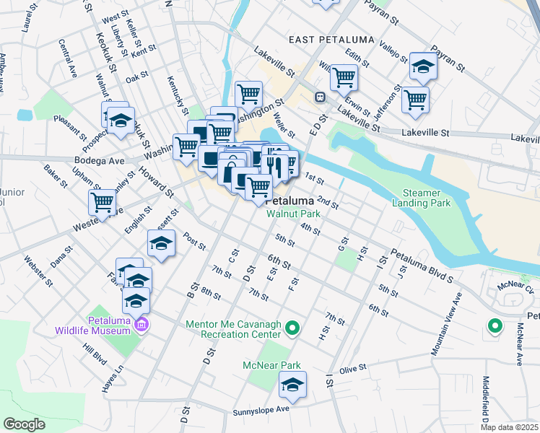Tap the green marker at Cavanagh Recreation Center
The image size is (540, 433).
pos(292,329)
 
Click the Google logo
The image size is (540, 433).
pos(24,424)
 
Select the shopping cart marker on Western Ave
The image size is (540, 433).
pos(103,203)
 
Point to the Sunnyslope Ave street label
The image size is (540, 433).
pos(261,411)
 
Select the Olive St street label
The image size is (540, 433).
pos(353,367)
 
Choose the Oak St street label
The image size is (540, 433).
pos(136,76)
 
